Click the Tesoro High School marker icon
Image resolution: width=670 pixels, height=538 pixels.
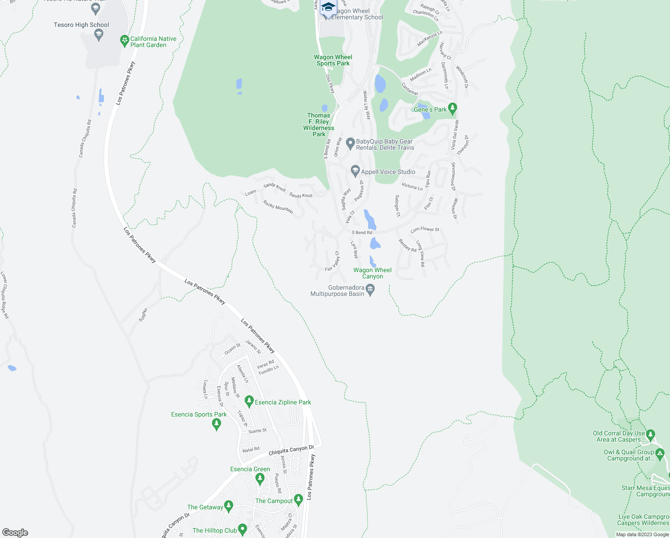click(99, 34)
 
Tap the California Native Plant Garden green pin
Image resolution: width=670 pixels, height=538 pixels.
click(125, 41)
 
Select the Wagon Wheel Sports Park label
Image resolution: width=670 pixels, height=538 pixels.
click(333, 60)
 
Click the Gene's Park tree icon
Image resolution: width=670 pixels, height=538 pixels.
click(452, 108)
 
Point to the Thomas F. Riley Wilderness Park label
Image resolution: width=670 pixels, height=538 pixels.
click(318, 125)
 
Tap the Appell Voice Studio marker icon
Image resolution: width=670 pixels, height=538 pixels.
click(355, 171)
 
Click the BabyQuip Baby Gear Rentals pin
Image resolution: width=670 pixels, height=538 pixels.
click(350, 143)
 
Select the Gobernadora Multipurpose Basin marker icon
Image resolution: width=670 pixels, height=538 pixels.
click(370, 290)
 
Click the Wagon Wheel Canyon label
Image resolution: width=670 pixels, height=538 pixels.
click(372, 273)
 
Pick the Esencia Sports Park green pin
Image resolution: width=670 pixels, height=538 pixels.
click(217, 424)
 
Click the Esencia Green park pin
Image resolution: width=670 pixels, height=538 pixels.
click(260, 478)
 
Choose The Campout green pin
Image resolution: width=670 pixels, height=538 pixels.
click(298, 500)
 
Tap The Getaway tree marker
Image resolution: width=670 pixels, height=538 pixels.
click(228, 506)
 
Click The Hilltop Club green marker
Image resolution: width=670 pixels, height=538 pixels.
click(242, 529)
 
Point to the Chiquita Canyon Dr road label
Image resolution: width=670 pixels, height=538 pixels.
click(291, 450)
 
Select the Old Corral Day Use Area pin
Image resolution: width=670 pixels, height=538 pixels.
click(651, 435)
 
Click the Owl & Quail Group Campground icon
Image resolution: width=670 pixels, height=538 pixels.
click(659, 454)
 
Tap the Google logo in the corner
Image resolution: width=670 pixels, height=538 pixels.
click(15, 533)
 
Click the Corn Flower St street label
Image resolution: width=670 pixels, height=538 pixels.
click(425, 229)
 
